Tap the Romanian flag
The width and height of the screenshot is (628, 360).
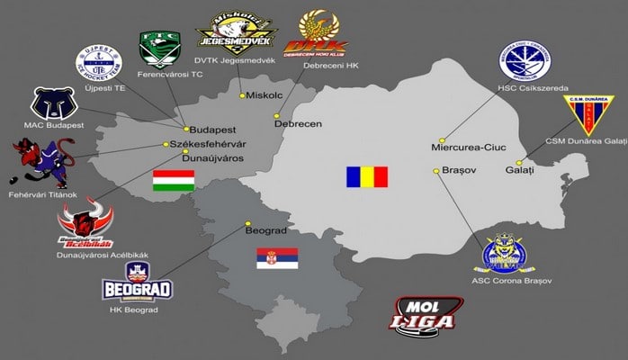[367, 176]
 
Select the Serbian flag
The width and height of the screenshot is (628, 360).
[277, 258]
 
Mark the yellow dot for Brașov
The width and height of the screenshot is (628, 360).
[436, 171]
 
